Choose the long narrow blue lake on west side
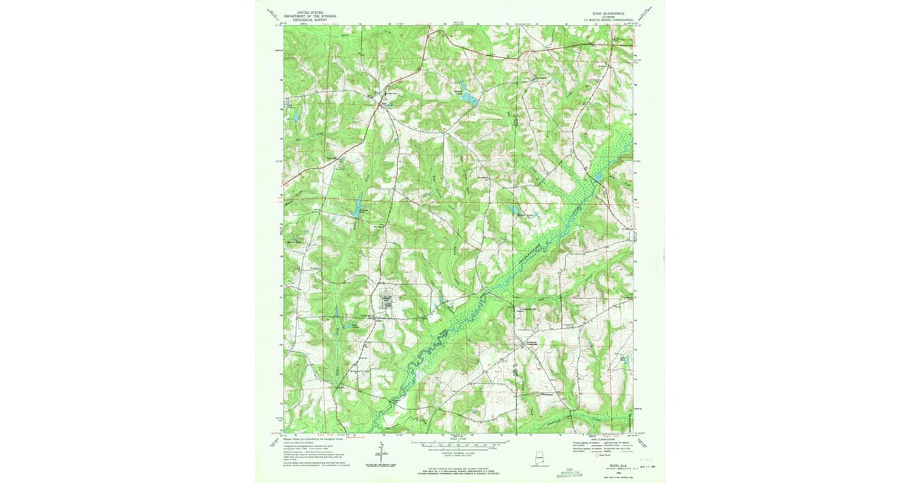[357, 205]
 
